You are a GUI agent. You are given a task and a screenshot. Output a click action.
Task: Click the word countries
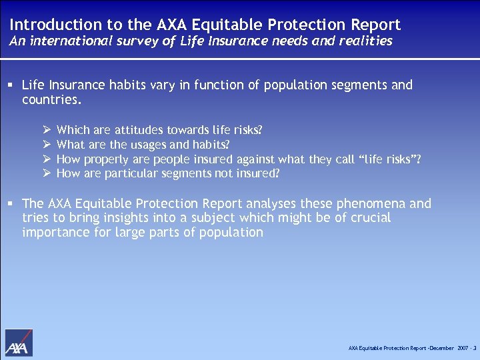pyautogui.click(x=51, y=100)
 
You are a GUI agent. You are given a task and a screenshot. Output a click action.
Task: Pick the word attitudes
pyautogui.click(x=142, y=130)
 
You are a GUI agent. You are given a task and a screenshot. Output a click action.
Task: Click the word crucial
pyautogui.click(x=371, y=218)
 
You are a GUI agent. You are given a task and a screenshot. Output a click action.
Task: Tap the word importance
pyautogui.click(x=53, y=233)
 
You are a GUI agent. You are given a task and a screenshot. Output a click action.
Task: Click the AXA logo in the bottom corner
pyautogui.click(x=19, y=343)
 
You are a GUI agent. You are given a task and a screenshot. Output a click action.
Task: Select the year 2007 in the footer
pyautogui.click(x=462, y=348)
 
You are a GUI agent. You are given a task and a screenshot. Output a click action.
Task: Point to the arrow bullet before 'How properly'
pyautogui.click(x=47, y=159)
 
